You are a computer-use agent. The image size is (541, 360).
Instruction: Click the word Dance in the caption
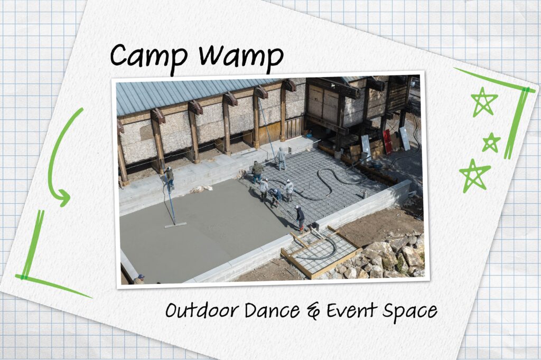[273, 310]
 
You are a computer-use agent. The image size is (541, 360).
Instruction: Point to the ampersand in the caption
[313, 311]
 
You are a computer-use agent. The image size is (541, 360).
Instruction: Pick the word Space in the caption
[409, 311]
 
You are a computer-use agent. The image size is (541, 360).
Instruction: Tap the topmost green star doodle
[484, 101]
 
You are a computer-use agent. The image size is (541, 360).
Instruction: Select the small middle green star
[491, 143]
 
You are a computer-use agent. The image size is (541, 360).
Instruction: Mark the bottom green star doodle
[474, 175]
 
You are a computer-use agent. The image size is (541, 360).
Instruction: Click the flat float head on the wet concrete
[175, 225]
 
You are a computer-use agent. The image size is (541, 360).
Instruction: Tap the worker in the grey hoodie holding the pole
[281, 158]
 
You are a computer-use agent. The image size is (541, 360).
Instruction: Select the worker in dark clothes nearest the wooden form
[300, 218]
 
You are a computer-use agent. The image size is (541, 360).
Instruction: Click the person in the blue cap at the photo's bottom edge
[139, 279]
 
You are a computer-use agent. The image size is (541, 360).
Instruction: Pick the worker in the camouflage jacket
[257, 172]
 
